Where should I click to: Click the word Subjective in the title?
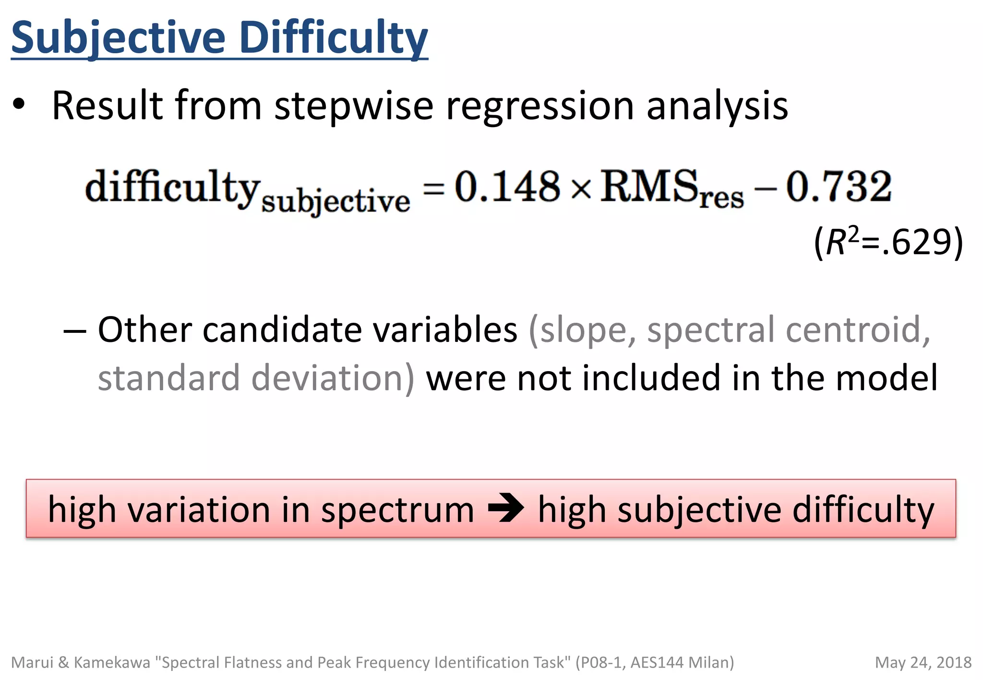pos(118,38)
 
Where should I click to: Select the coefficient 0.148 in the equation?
pos(507,187)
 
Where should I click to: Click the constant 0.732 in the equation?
pos(839,187)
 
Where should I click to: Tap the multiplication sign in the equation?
pos(581,189)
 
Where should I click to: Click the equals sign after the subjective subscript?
pos(433,188)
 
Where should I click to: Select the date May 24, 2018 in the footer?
pos(923,662)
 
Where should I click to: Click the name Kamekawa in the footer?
pos(112,662)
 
